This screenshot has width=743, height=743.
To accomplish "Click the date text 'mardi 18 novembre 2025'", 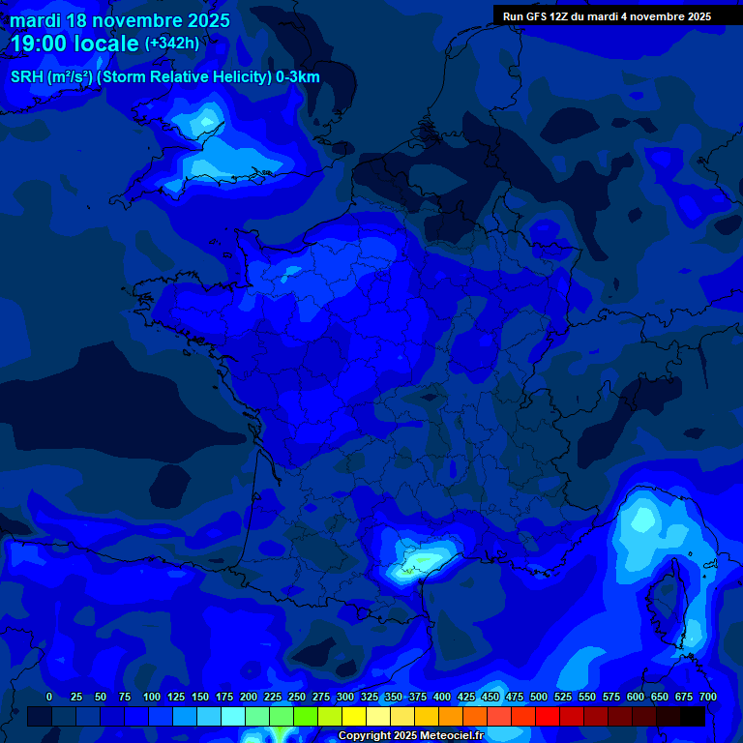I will (x=120, y=20).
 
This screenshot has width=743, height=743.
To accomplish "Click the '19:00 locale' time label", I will (x=74, y=44).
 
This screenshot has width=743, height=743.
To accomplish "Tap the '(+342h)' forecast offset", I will (x=171, y=44).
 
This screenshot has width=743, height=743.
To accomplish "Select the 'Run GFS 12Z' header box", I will (x=607, y=15).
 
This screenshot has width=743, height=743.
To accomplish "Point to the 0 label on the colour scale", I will (x=49, y=697).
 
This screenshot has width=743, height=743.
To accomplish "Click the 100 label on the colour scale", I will (x=152, y=697).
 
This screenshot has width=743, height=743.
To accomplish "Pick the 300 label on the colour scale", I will (x=345, y=697).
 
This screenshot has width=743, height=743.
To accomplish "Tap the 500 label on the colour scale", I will (x=539, y=697).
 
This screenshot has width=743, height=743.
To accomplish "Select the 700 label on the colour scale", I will (x=708, y=697).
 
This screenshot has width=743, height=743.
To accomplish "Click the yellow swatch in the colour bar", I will (x=354, y=717).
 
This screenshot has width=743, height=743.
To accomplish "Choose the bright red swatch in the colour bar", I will (x=548, y=717).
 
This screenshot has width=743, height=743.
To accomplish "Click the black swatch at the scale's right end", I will (x=693, y=717).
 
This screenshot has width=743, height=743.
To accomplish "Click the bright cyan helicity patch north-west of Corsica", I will (x=641, y=522).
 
